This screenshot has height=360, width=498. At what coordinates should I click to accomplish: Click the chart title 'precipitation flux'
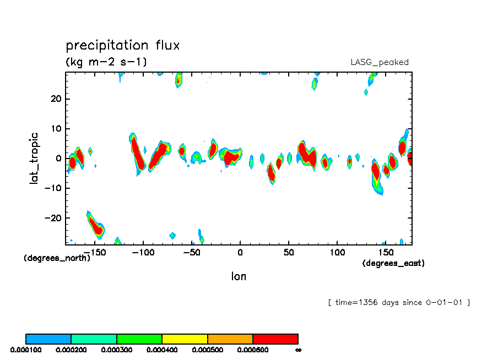click(122, 45)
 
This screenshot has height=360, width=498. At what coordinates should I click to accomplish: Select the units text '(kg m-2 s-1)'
click(106, 62)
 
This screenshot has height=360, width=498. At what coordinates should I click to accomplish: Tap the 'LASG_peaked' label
click(380, 62)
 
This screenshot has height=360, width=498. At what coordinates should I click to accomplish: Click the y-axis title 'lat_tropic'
click(34, 157)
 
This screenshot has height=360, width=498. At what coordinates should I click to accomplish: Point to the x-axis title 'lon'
click(239, 276)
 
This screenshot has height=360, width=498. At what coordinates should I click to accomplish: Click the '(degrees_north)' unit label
click(57, 258)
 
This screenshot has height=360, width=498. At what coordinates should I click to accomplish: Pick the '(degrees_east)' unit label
click(393, 263)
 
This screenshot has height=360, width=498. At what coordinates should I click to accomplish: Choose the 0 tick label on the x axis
click(240, 252)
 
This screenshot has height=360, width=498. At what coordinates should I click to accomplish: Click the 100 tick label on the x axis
click(337, 252)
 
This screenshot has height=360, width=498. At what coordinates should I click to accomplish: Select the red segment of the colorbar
click(275, 339)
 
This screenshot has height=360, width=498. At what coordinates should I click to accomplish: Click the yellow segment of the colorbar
click(185, 339)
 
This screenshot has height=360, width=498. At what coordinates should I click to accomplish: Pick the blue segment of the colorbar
click(48, 339)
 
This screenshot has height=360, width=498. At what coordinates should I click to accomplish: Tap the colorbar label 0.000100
click(25, 350)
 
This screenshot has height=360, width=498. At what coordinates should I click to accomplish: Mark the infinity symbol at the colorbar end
click(298, 350)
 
